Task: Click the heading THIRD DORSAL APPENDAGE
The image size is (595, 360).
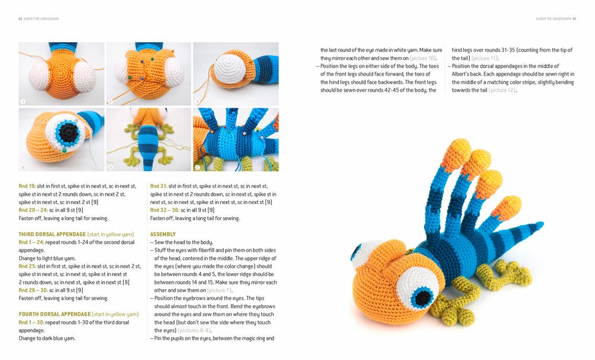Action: tap(52, 234)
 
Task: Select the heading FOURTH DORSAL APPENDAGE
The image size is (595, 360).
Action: tap(54, 314)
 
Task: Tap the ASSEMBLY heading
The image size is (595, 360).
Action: tap(162, 234)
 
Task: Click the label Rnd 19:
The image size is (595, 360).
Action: tap(27, 186)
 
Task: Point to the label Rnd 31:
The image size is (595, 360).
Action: tap(158, 186)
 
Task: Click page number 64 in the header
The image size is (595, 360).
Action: tap(20, 18)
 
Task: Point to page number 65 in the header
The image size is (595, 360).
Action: tap(574, 18)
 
